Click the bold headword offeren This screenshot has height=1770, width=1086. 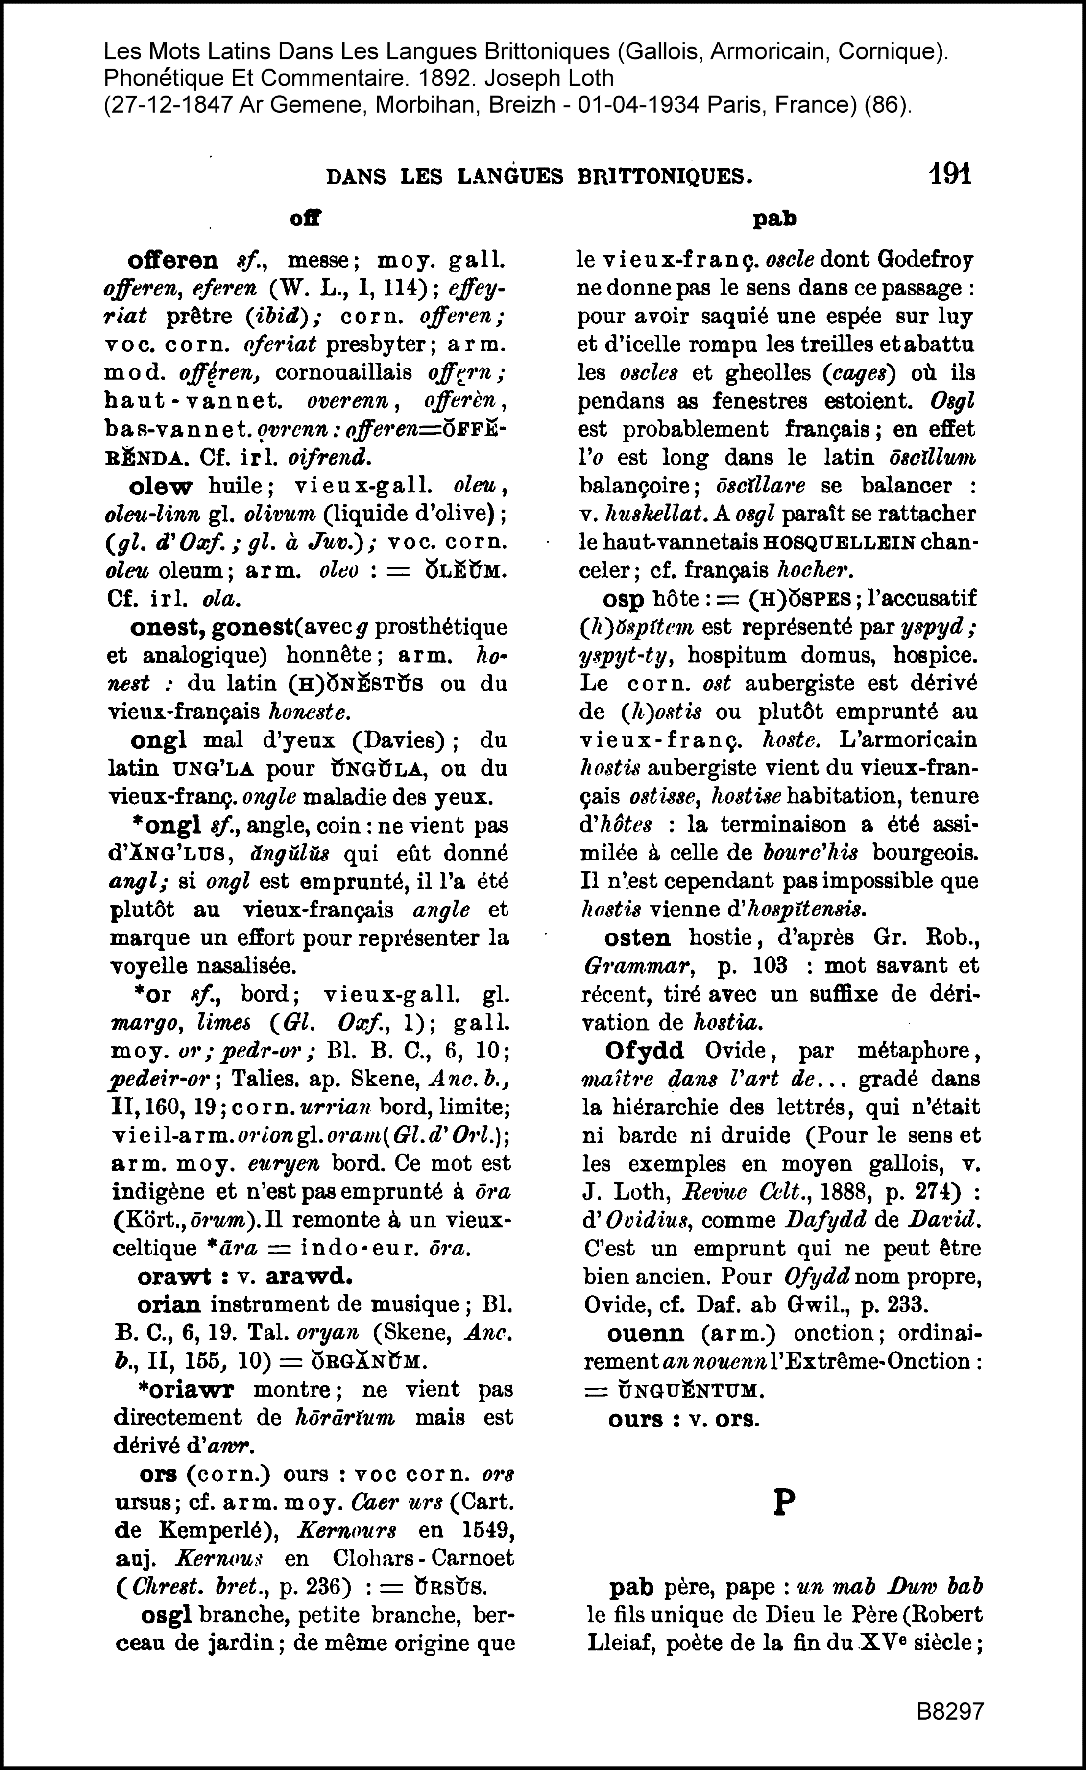[172, 260]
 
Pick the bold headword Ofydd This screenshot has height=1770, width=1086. [644, 1051]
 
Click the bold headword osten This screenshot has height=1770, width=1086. [637, 938]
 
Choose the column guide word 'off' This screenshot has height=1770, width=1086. [305, 219]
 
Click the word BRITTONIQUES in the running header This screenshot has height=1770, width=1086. [664, 177]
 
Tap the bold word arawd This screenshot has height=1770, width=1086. [309, 1277]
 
